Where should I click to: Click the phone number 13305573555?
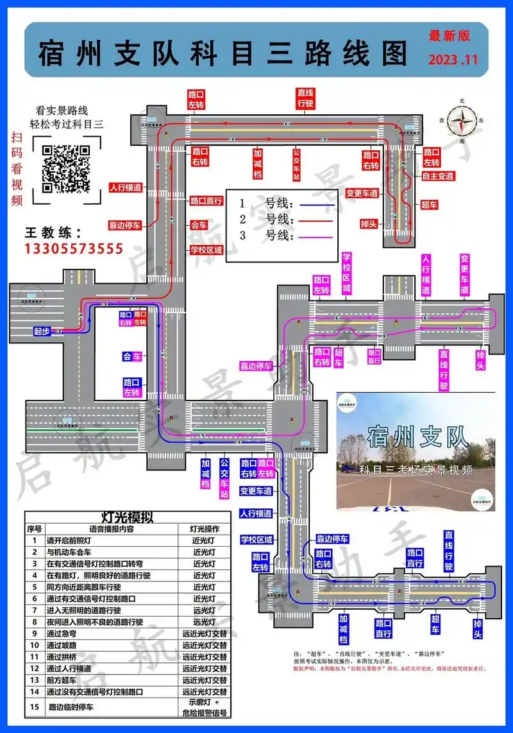pos(74,248)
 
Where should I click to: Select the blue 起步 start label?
pos(42,331)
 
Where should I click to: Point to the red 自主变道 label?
pos(438,175)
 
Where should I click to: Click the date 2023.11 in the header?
pos(453,60)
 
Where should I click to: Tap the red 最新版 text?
pos(449,36)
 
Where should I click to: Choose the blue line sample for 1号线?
pos(314,204)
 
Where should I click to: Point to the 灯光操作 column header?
pos(205,529)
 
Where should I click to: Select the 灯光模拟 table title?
pos(127,517)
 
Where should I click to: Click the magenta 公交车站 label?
pos(224,478)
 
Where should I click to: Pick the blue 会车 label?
pos(132,356)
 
